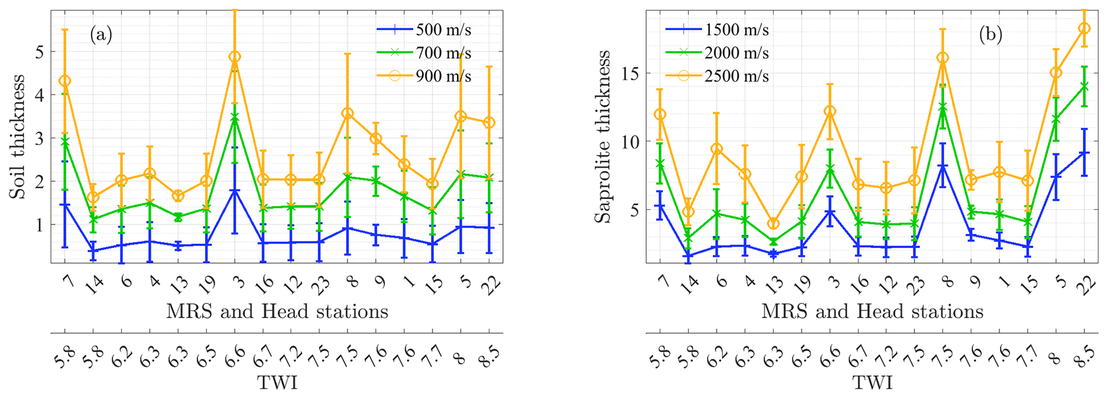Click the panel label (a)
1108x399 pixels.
[101, 35]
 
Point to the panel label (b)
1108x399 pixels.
[990, 35]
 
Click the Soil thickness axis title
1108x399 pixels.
[18, 137]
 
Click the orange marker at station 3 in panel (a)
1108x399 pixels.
[235, 57]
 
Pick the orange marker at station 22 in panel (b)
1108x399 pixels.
[1084, 28]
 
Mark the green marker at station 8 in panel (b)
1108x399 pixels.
[942, 107]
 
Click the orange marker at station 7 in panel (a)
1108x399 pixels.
[65, 81]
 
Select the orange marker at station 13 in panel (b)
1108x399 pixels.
[773, 224]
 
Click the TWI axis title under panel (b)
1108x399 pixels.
[873, 383]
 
